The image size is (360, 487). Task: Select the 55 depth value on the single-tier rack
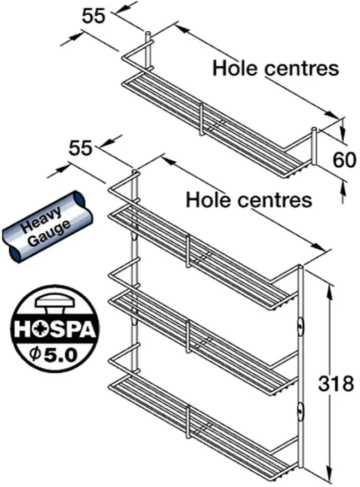tap(93, 16)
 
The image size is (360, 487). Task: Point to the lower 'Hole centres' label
tap(249, 200)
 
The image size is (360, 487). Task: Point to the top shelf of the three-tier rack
tap(202, 257)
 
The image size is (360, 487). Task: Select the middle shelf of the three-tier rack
tap(202, 339)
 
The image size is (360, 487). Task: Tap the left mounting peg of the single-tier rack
tap(147, 44)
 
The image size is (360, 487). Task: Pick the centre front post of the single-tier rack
tap(202, 118)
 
